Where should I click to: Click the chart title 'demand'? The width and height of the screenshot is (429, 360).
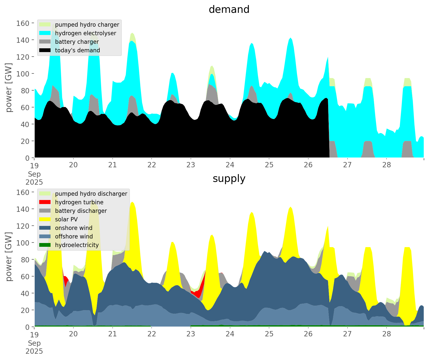tap(229, 10)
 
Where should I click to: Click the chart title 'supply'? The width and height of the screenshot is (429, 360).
tap(229, 179)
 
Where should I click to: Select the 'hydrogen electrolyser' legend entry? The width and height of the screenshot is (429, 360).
tap(85, 33)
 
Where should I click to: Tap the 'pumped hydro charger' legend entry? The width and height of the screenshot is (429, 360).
tap(87, 25)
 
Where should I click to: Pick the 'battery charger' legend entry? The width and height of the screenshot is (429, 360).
tap(77, 42)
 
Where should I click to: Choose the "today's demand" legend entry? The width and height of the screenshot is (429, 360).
tap(77, 50)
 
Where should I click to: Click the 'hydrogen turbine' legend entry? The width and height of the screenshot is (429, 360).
tap(79, 202)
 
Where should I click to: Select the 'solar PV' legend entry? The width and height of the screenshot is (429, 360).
tap(66, 219)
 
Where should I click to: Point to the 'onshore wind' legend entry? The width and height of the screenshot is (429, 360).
tap(73, 228)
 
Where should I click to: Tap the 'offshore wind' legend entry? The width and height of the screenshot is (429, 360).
tap(74, 236)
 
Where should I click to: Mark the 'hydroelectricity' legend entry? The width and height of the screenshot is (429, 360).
tap(77, 245)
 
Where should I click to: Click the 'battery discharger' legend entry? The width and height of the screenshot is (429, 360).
tap(81, 211)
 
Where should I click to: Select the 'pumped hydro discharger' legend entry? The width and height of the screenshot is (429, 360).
tap(91, 194)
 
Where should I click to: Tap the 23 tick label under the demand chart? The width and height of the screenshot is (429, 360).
tap(191, 165)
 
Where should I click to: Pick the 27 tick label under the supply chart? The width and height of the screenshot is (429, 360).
tap(347, 334)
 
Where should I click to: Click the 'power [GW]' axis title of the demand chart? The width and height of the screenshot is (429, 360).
tap(9, 88)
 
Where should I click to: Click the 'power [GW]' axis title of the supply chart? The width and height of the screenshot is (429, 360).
tap(9, 257)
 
